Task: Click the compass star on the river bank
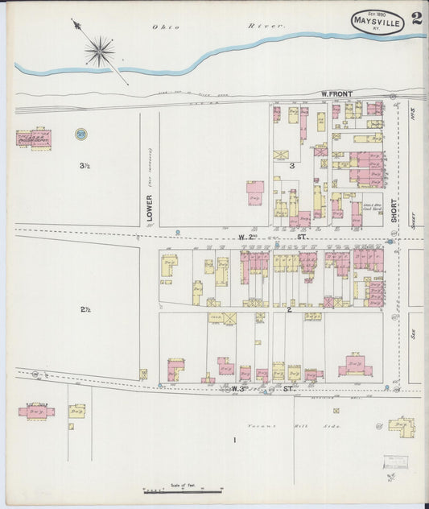click(x=99, y=52)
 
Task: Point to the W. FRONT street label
click(x=336, y=95)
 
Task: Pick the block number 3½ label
click(x=84, y=166)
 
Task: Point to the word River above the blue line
click(x=266, y=26)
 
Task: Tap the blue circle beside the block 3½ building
click(x=80, y=134)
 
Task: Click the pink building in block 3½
click(x=34, y=139)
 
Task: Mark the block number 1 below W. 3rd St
click(x=235, y=440)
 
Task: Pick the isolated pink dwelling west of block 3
click(x=255, y=192)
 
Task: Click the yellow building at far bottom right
click(x=401, y=425)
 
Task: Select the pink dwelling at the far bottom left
click(x=36, y=411)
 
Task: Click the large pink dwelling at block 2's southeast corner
click(x=354, y=366)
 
